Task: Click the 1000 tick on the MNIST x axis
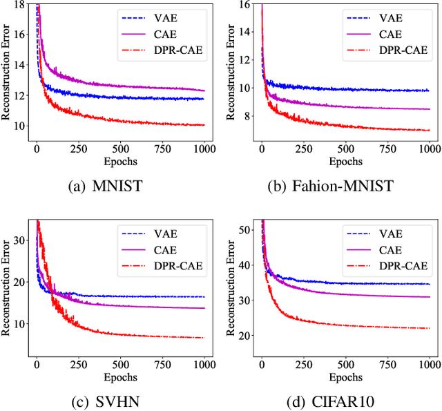[204, 149]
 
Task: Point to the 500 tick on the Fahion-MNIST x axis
[346, 149]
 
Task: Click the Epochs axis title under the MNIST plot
[122, 162]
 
